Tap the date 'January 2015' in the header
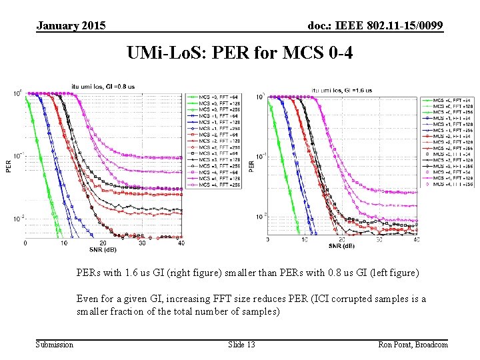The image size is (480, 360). coord(71,25)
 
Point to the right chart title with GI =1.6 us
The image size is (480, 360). coord(342,90)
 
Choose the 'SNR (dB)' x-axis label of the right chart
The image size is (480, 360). coord(342,246)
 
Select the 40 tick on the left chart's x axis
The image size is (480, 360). coord(181,243)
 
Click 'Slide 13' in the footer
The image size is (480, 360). coord(241,344)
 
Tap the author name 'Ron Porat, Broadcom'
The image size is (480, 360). coord(413,344)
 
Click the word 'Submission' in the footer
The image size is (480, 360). coord(55,344)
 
